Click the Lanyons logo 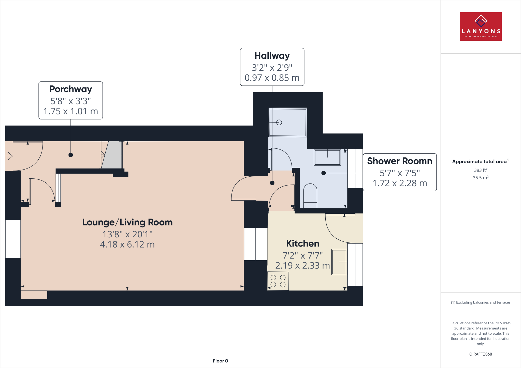(481, 26)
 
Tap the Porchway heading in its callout (71, 89)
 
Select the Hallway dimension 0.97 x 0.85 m (272, 78)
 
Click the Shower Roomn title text (400, 161)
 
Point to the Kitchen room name (302, 243)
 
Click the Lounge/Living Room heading (127, 222)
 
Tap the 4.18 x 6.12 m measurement (127, 244)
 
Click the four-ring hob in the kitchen (278, 281)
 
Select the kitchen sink (339, 262)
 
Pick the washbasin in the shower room (327, 158)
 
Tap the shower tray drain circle (279, 122)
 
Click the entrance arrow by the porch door (9, 156)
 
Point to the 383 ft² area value (481, 170)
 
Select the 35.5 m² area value (481, 178)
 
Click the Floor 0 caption (220, 361)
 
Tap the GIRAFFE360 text (481, 354)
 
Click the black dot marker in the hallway (272, 183)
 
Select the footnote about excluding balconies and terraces (481, 302)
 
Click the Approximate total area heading (480, 162)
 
